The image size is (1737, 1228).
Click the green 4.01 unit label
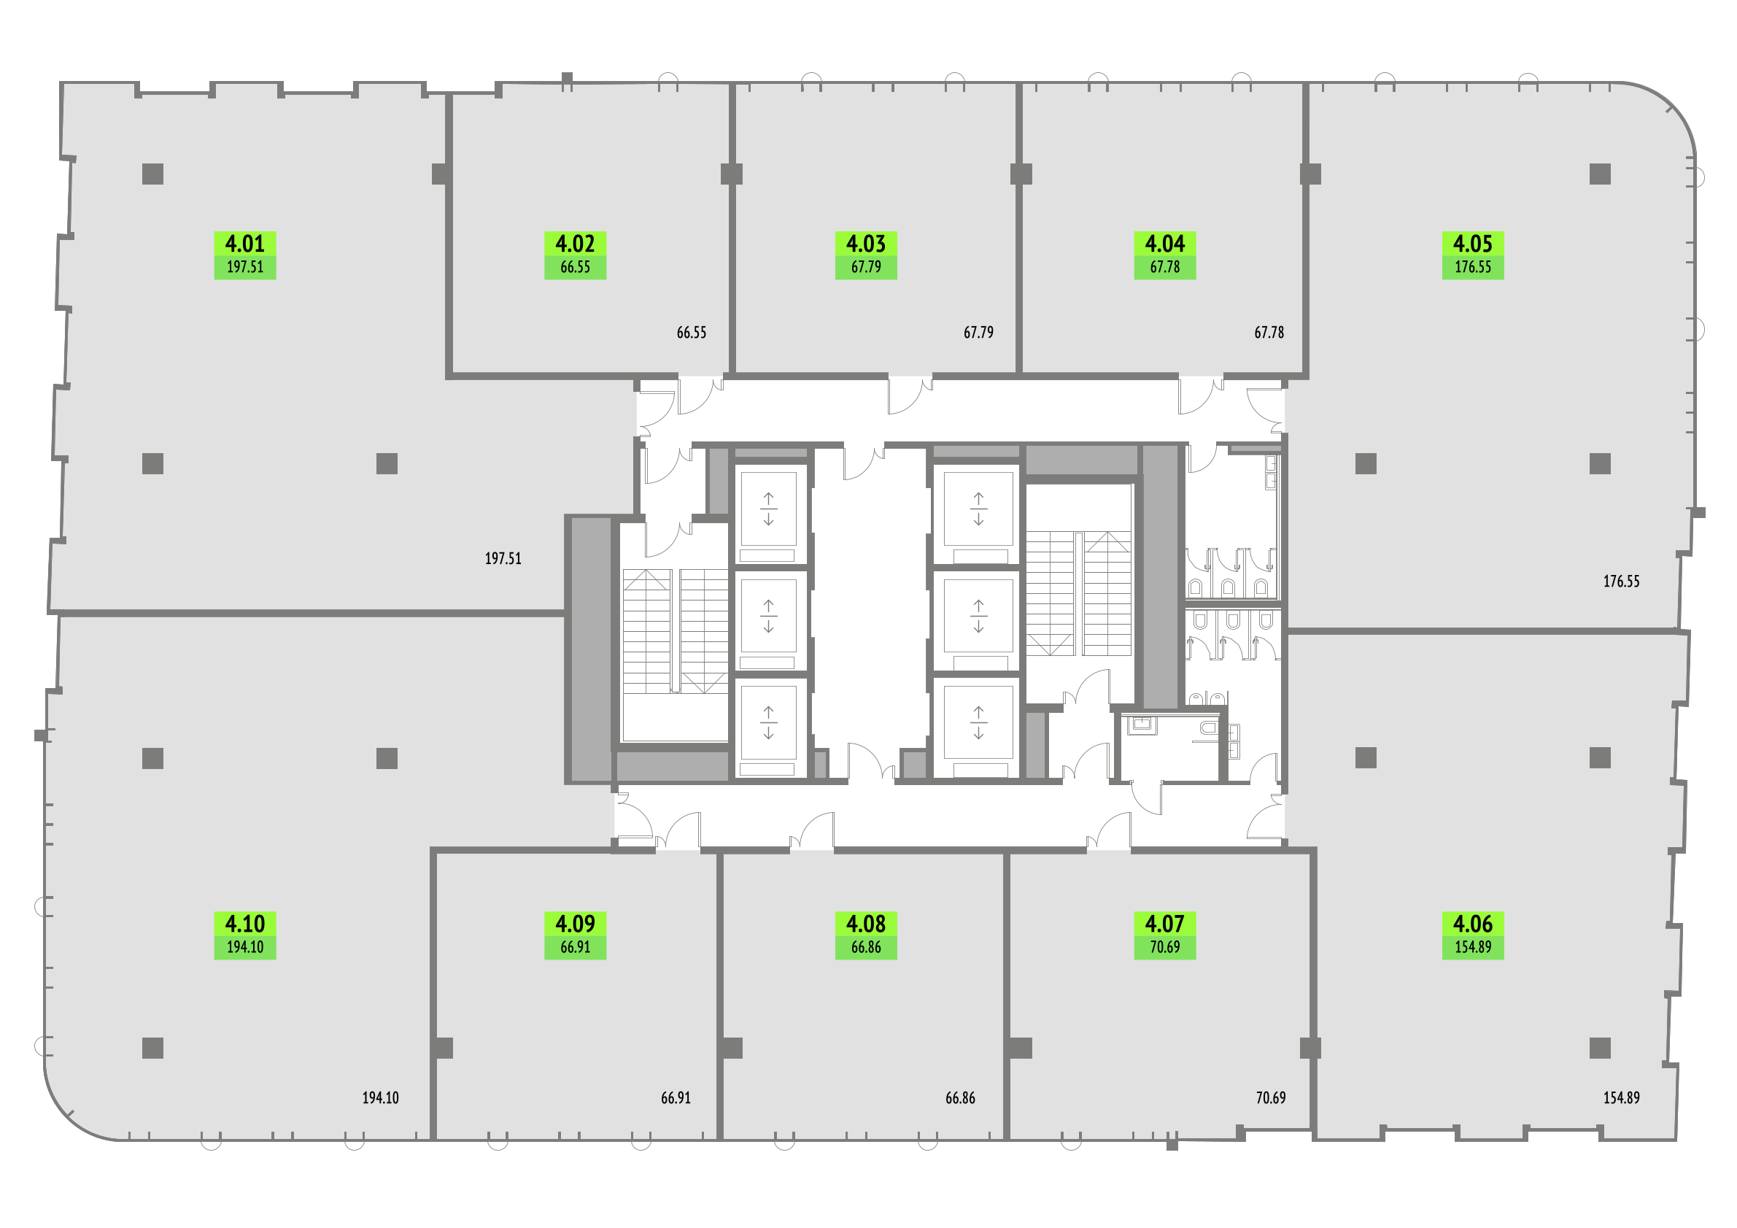coord(245,255)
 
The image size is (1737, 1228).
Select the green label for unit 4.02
coord(575,255)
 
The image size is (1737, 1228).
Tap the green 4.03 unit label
coord(865,255)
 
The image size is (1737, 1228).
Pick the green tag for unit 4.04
coord(1164,255)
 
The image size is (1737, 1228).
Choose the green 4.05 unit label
coord(1472,255)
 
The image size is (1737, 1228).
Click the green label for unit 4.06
coord(1472,935)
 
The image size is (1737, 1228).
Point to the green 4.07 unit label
coord(1164,935)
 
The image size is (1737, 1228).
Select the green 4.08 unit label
coord(865,935)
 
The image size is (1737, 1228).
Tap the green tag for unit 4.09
coord(575,935)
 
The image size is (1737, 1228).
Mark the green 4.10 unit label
coord(245,935)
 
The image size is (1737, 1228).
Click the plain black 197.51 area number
coord(503,558)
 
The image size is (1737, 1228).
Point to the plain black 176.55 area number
coord(1621,581)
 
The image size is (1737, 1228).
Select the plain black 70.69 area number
coord(1271,1097)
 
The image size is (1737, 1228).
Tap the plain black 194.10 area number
coord(381,1097)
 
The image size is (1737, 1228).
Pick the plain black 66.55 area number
coord(692,332)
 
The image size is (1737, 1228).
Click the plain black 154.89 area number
coord(1621,1097)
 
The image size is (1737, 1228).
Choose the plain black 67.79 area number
coord(978,332)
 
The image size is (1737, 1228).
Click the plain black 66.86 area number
coord(960,1097)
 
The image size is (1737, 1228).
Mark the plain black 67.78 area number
coord(1269,332)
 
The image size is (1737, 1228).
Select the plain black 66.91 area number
coord(676,1097)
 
